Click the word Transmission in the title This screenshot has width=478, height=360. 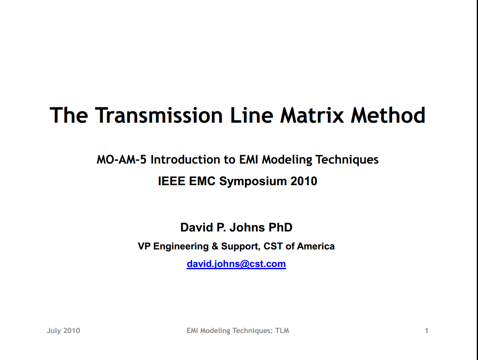coord(159,115)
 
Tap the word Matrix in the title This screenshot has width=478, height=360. coord(312,115)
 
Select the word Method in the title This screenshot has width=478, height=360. coord(388,115)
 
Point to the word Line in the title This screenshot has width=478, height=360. coord(251,115)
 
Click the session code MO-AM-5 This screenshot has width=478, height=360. coord(121,160)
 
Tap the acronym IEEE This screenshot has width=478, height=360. coord(172,181)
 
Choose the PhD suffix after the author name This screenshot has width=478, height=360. coord(280,227)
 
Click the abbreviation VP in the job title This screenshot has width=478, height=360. coord(144,246)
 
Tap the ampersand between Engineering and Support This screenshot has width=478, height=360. coord(215,246)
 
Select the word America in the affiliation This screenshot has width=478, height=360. coord(316,246)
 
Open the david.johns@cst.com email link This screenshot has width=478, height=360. coord(236,264)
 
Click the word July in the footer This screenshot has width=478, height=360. coord(54,331)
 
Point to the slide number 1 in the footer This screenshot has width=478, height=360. coord(426,330)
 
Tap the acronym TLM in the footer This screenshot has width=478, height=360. coord(282,330)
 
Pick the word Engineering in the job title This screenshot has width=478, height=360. coord(181,247)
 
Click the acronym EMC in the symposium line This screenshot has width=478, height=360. coord(202,181)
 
